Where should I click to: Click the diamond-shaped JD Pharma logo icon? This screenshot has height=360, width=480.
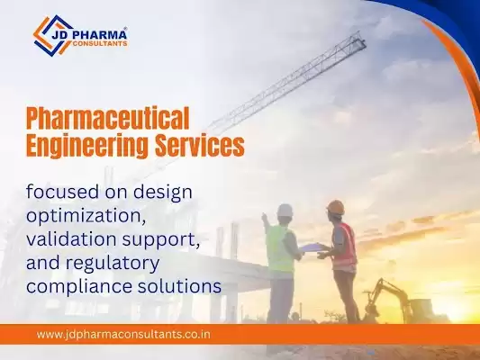[x=53, y=35]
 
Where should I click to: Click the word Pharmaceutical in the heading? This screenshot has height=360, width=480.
[x=107, y=117]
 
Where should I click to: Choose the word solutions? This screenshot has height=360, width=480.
[x=175, y=286]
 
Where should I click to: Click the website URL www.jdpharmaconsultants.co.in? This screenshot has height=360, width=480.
[x=123, y=335]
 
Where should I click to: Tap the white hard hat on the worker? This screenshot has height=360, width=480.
[x=285, y=211]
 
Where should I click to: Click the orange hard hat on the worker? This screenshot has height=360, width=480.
[x=336, y=207]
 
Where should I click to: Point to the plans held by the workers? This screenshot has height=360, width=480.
[x=311, y=247]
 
